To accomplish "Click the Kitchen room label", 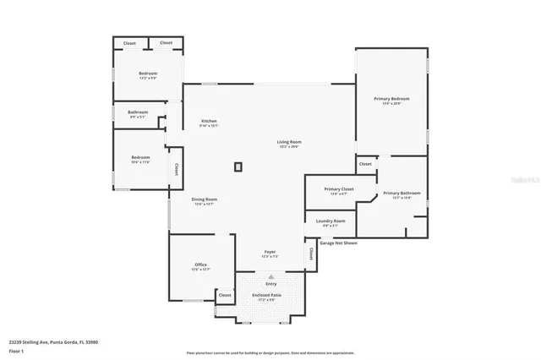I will click(209, 121).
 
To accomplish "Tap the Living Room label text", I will click(289, 142).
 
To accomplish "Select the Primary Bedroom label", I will click(391, 99).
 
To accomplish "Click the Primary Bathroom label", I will click(402, 194).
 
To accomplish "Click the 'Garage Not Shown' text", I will click(338, 243).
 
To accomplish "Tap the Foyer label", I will click(270, 252).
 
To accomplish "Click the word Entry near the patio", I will click(271, 284).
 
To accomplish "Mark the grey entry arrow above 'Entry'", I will click(271, 276).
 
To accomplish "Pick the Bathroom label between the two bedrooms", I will click(138, 112).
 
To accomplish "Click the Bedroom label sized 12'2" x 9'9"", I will click(148, 74).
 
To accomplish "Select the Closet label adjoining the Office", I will click(225, 295).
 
